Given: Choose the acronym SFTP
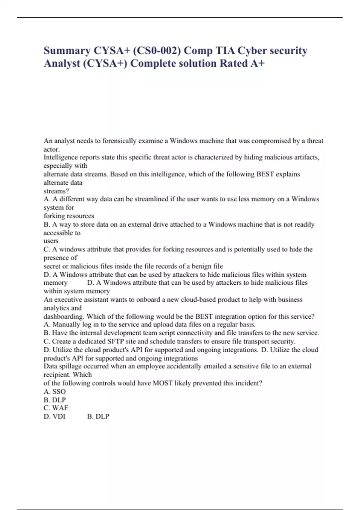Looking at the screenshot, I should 115,341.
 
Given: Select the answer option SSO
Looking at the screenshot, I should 59,391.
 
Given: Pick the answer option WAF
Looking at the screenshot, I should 60,408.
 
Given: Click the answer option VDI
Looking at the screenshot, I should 59,416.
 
